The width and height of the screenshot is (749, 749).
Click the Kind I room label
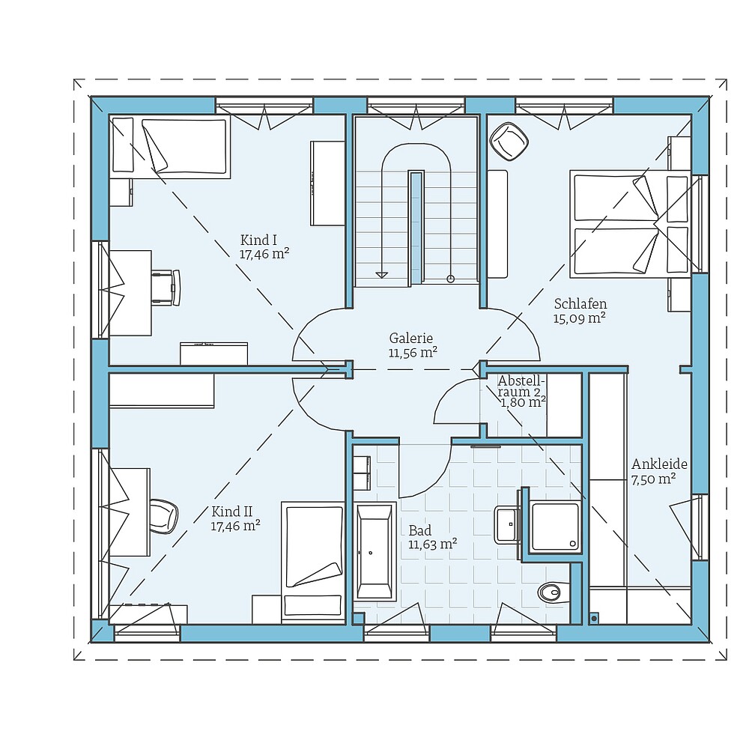coord(259,240)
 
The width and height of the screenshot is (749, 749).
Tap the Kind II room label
coord(231,512)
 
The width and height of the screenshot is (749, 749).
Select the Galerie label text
coord(411,338)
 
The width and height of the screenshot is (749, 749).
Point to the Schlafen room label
coord(580,304)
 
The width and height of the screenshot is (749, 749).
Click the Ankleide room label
coord(659,464)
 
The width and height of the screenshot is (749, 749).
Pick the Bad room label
coord(420,531)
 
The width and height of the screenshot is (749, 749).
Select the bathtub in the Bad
coord(374,553)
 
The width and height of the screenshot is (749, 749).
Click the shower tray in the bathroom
coord(556,526)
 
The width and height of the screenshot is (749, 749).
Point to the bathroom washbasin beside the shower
coord(508,524)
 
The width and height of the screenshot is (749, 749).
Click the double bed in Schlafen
coord(629,222)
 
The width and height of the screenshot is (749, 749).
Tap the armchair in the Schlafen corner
coord(509,141)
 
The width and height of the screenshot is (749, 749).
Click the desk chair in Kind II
coord(163,515)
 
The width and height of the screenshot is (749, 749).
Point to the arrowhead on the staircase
coord(383,275)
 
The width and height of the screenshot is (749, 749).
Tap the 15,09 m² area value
coord(580,318)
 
